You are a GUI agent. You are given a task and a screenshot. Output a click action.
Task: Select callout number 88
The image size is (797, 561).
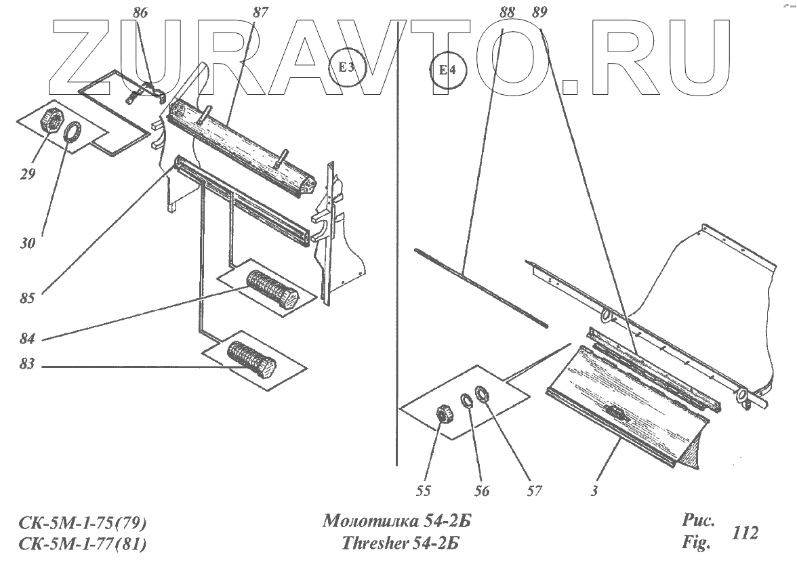pos(506,12)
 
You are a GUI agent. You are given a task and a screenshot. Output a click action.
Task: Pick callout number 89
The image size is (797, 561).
pos(539,12)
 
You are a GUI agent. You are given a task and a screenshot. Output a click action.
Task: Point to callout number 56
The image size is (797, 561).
pos(481,491)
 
